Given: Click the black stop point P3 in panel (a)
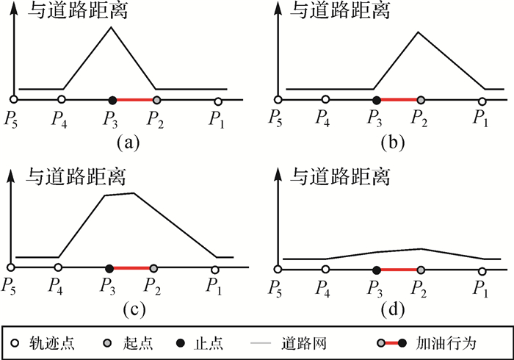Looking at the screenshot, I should pos(112,99).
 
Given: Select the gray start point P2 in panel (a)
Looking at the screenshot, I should pos(156,99).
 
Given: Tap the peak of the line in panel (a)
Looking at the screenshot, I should pos(111,27).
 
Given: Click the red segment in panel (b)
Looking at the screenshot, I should pos(398,99).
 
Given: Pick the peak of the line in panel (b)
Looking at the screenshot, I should pos(418,32).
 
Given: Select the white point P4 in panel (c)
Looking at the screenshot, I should pos(58,267).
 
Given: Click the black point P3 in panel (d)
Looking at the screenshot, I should pos(376,270).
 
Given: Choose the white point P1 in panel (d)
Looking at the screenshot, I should pos(482,271).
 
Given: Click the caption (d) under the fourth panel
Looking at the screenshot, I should pos(394,309).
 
